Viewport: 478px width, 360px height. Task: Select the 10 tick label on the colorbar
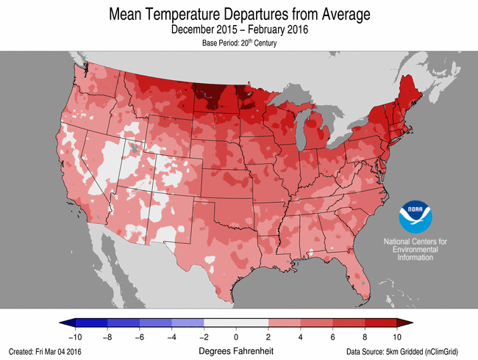397,336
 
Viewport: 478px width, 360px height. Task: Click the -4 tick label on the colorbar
171,336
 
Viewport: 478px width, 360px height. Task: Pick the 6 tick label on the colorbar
333,336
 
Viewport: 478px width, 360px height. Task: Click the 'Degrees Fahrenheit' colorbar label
236,350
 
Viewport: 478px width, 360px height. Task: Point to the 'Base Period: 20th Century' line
238,43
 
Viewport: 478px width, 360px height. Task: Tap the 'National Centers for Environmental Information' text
416,249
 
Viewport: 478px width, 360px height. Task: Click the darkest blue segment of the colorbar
91,322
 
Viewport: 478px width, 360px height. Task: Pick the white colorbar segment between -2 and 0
220,322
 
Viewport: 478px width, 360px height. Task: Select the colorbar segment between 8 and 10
381,322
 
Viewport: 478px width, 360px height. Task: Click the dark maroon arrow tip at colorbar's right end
402,322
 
